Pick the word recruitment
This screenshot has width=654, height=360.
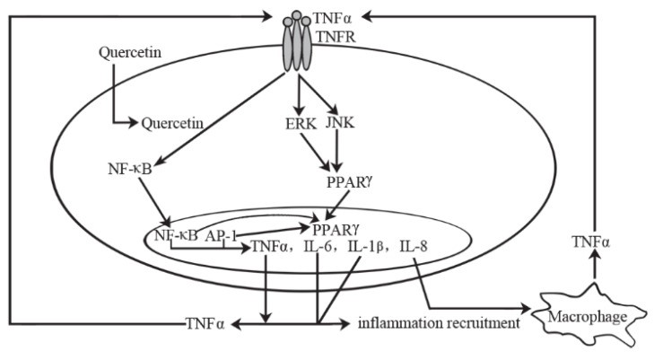tap(466, 321)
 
